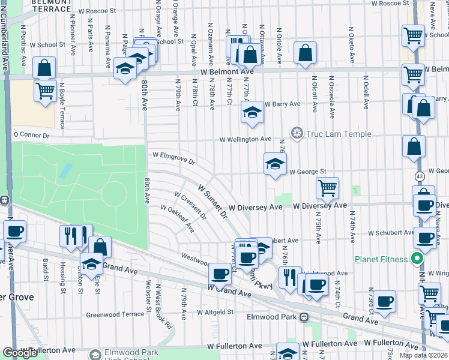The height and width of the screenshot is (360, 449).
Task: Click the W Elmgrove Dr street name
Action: (x=173, y=158)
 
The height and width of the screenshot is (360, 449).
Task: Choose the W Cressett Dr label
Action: (x=190, y=205)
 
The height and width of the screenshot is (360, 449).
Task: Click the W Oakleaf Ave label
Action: (x=177, y=219)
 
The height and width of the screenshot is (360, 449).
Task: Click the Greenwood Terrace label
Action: (x=115, y=314)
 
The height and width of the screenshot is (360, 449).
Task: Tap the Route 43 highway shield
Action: (x=419, y=176)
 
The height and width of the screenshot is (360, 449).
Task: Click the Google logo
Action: (x=20, y=353)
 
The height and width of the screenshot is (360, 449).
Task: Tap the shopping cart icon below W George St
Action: (x=327, y=188)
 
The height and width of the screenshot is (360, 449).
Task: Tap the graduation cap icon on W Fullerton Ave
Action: (x=288, y=353)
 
